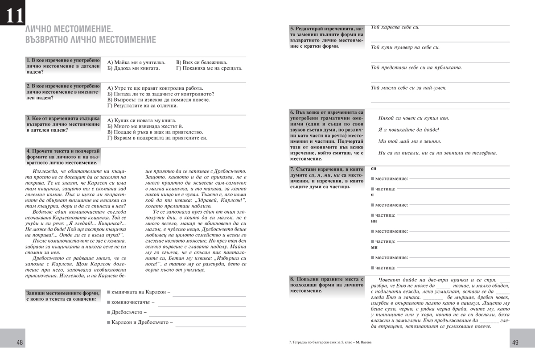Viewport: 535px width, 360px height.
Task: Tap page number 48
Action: tap(20, 343)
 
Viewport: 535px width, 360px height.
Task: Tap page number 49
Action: tap(515, 343)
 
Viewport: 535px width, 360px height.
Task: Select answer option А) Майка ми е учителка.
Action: tap(136, 62)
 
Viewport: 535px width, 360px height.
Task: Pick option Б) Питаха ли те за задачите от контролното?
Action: tap(161, 94)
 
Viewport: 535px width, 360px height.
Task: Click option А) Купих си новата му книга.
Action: tap(142, 120)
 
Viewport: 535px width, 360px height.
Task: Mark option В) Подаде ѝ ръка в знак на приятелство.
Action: tap(155, 132)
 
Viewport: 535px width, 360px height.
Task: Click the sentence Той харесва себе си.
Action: tap(395, 27)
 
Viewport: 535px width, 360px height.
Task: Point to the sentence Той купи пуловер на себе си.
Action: tap(405, 47)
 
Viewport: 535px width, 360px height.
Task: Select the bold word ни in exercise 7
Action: tap(374, 221)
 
